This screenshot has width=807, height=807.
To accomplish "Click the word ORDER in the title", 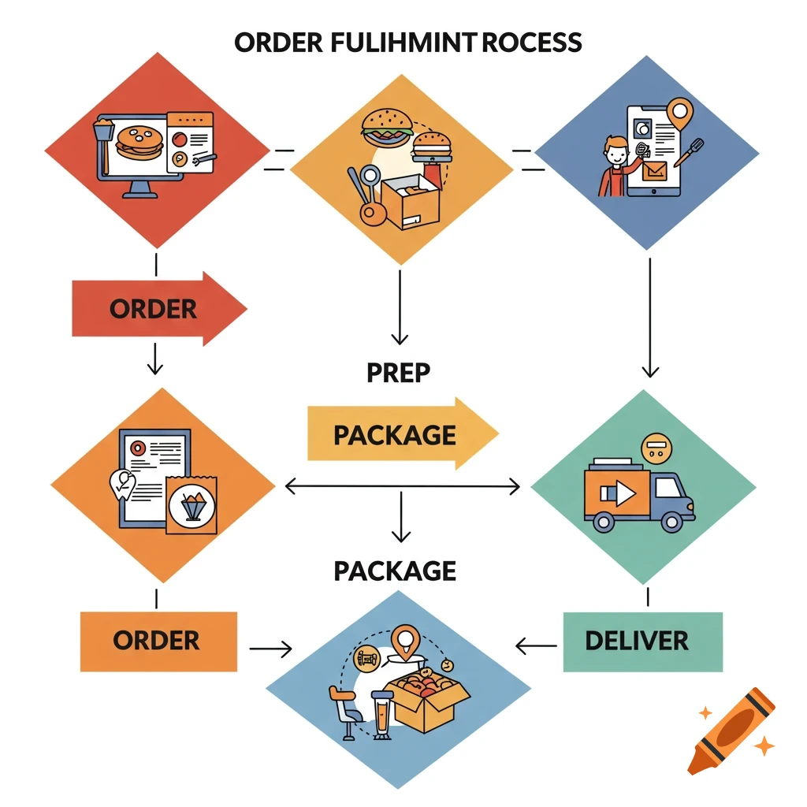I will (x=277, y=42).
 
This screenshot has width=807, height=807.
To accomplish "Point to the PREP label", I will (x=399, y=372).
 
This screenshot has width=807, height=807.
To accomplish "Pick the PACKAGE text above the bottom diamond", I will (x=395, y=571).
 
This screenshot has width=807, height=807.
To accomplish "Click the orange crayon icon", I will (x=730, y=729).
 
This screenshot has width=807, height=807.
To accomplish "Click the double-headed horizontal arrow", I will (x=402, y=487).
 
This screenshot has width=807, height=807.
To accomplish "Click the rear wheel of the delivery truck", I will (x=604, y=521).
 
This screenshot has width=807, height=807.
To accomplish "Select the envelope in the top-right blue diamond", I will (x=653, y=171).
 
